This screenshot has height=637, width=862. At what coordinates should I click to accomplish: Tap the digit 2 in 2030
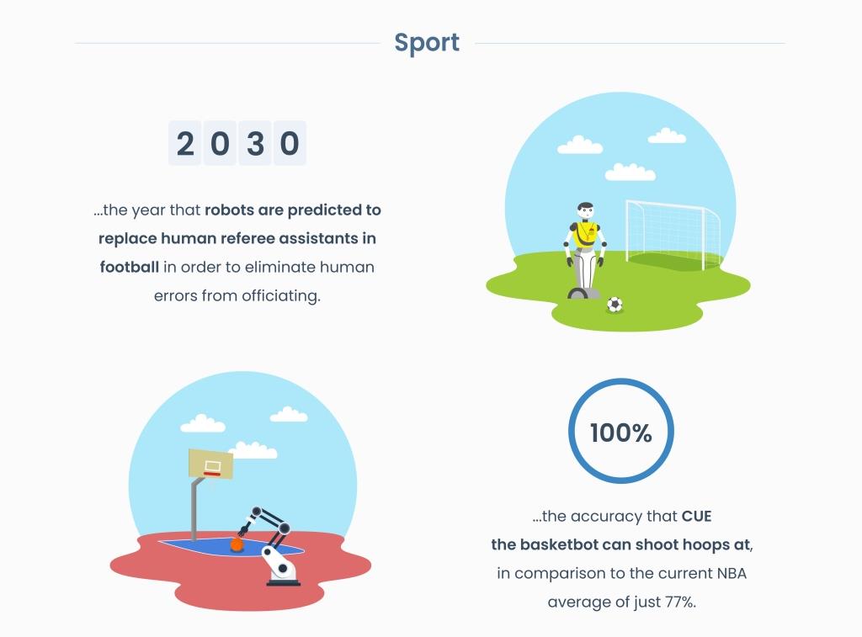click(185, 143)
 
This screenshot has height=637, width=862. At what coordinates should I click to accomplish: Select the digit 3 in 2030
click(255, 143)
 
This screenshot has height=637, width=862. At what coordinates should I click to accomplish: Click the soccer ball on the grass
click(615, 304)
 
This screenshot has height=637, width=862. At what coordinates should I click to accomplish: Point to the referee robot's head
click(586, 210)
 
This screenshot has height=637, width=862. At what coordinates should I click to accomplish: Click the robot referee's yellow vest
click(585, 234)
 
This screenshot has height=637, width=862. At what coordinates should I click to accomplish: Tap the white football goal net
click(673, 235)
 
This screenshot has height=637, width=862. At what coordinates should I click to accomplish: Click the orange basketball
click(237, 544)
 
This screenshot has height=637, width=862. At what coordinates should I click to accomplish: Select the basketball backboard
click(210, 464)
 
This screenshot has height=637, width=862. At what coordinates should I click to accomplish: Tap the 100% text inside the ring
click(620, 433)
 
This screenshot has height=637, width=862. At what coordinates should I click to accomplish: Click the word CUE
click(696, 516)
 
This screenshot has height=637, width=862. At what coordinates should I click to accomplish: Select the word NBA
click(732, 573)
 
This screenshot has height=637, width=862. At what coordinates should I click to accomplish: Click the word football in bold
click(129, 267)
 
